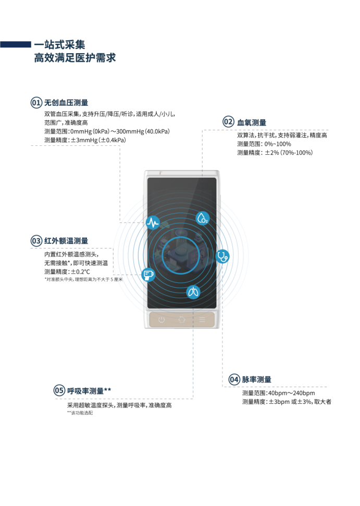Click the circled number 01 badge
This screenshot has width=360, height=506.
(36, 103)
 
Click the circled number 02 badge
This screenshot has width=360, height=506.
(228, 122)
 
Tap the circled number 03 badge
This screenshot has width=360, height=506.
(36, 241)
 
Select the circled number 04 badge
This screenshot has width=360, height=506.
(234, 379)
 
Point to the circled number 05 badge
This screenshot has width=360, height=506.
(59, 391)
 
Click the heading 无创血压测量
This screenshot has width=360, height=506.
(66, 103)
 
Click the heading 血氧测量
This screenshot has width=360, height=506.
(252, 122)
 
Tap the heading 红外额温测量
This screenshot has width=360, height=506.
(66, 241)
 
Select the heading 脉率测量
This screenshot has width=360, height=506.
(257, 379)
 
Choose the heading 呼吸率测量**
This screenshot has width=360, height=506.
(89, 391)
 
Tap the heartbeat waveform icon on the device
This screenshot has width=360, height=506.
(153, 223)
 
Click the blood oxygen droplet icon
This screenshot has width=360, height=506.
(203, 218)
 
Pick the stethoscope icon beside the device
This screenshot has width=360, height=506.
(223, 256)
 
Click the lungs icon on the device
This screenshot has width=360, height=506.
(193, 292)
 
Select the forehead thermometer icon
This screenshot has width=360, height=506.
(148, 274)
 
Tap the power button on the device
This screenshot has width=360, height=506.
(162, 320)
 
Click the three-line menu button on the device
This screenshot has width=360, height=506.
(202, 320)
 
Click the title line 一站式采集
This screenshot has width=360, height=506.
(59, 44)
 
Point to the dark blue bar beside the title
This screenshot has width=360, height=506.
(15, 44)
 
